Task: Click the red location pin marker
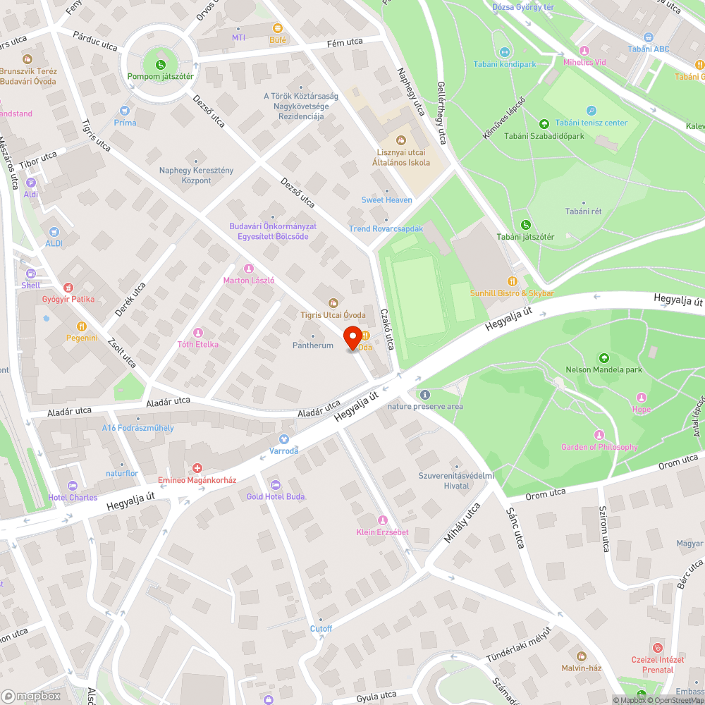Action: coord(352,338)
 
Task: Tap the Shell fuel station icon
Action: coord(30,274)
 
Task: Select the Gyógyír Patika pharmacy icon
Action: coord(68,288)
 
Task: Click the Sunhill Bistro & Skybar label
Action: coord(512,293)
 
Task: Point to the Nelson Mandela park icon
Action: coord(603,358)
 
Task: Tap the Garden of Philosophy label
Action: coord(599,447)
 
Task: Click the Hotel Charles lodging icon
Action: coord(73,486)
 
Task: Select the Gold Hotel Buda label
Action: coord(275,496)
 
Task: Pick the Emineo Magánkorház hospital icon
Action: coord(197,468)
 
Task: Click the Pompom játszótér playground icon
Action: coord(161,66)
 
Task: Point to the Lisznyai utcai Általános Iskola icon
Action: coord(401,140)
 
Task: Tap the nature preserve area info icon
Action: coord(424,395)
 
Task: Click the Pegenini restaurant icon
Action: coord(82,326)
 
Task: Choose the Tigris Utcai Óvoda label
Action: coord(333,314)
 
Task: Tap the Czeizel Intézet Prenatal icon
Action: coord(658,648)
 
